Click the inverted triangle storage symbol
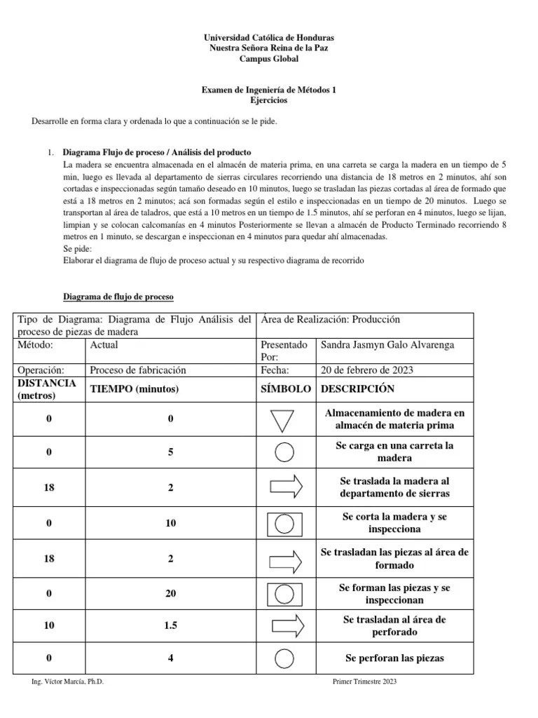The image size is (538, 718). pos(284,420)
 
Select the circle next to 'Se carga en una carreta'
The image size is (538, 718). pos(284,452)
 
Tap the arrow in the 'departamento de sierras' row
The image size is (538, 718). pos(286,486)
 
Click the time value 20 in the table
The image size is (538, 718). pos(171,594)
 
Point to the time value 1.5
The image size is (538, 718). pos(171,625)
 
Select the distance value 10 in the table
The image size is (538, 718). pos(49,625)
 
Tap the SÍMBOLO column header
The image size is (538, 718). pos(285,388)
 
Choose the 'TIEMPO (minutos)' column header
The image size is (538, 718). pos(134,389)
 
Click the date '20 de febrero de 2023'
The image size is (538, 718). pos(366,370)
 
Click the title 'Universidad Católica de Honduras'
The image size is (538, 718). pos(268,37)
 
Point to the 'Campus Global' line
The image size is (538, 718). pos(269,60)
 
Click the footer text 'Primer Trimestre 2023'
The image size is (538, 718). pos(364,682)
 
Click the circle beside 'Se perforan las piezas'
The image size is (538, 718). pos(284,658)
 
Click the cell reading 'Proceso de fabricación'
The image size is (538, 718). pos(138,370)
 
